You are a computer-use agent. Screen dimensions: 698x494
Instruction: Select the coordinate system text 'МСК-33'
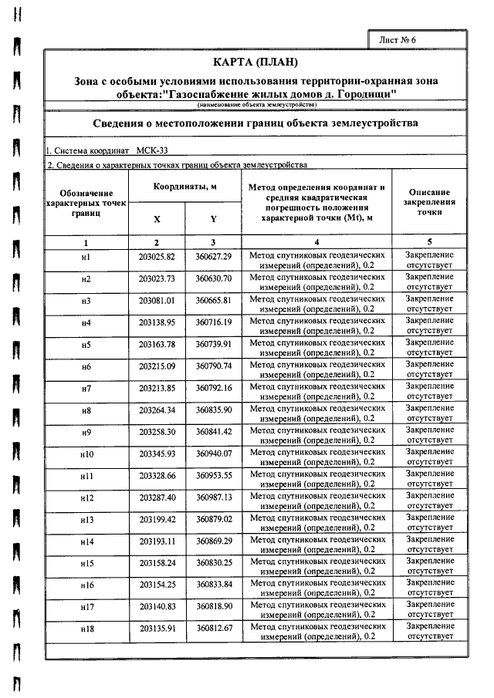coord(154,150)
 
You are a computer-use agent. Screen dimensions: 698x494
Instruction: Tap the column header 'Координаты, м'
coord(184,187)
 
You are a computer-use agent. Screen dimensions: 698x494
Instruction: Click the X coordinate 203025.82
coord(157,256)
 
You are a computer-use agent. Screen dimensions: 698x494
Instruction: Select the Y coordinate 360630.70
coord(214,278)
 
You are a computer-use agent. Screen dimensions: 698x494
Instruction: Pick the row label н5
coord(86,344)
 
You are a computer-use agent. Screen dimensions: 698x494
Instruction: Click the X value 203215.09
coord(157,366)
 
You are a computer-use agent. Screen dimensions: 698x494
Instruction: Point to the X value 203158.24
coord(157,563)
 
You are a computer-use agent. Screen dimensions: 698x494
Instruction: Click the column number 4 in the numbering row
coord(316,242)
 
